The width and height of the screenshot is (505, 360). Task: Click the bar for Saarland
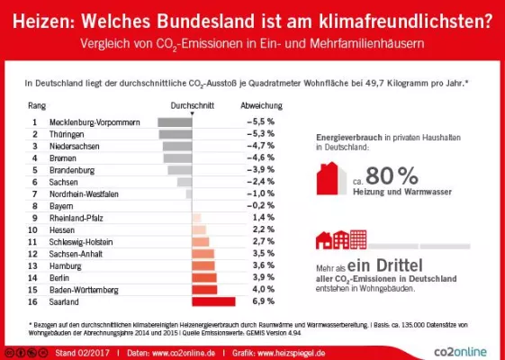point(213,301)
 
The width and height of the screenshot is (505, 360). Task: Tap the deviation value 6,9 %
point(261,301)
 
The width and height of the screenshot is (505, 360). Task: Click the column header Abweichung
point(260,105)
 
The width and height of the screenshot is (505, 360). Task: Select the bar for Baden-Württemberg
point(205,290)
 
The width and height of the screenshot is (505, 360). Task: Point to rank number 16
point(34,301)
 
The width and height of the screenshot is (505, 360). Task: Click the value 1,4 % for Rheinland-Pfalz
point(262,218)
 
